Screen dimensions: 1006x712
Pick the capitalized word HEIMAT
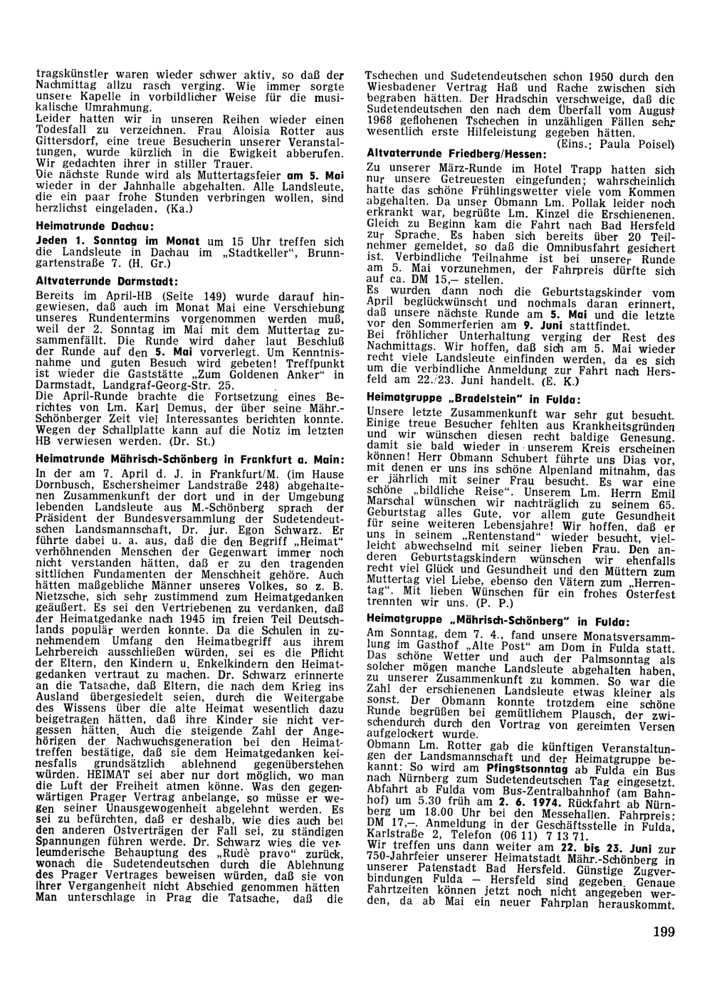click(85, 790)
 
